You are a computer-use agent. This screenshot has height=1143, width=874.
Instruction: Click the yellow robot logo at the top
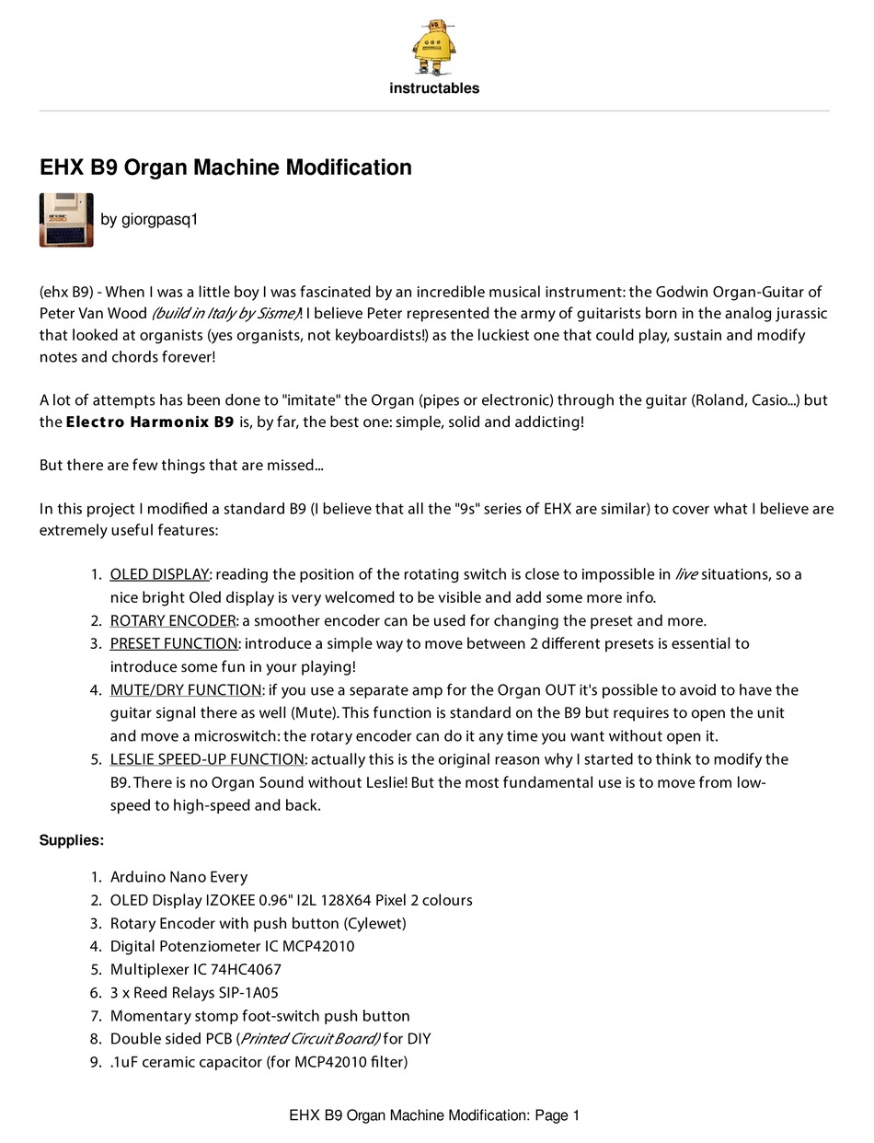point(434,47)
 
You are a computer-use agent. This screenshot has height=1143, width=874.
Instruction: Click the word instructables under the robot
point(434,88)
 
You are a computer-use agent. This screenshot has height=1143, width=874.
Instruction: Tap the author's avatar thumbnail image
point(66,220)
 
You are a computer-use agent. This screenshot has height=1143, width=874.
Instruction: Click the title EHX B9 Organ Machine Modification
point(225,167)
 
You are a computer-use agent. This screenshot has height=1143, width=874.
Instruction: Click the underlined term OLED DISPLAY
point(159,574)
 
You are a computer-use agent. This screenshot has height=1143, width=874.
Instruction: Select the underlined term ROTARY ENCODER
point(173,620)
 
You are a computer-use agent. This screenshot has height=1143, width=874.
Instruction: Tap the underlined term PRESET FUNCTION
point(174,643)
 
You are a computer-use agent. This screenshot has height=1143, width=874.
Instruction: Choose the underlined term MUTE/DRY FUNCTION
point(186,689)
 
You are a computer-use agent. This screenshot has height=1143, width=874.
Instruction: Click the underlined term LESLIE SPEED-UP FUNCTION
point(207,759)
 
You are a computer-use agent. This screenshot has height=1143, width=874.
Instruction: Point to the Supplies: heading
point(71,840)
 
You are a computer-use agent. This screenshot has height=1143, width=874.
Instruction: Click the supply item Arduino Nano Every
point(178,877)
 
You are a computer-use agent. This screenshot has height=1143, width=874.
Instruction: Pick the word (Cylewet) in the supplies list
point(375,923)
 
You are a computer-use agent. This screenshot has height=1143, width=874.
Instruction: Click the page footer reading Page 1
point(556,1115)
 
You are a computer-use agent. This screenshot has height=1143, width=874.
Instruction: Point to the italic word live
point(685,574)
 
